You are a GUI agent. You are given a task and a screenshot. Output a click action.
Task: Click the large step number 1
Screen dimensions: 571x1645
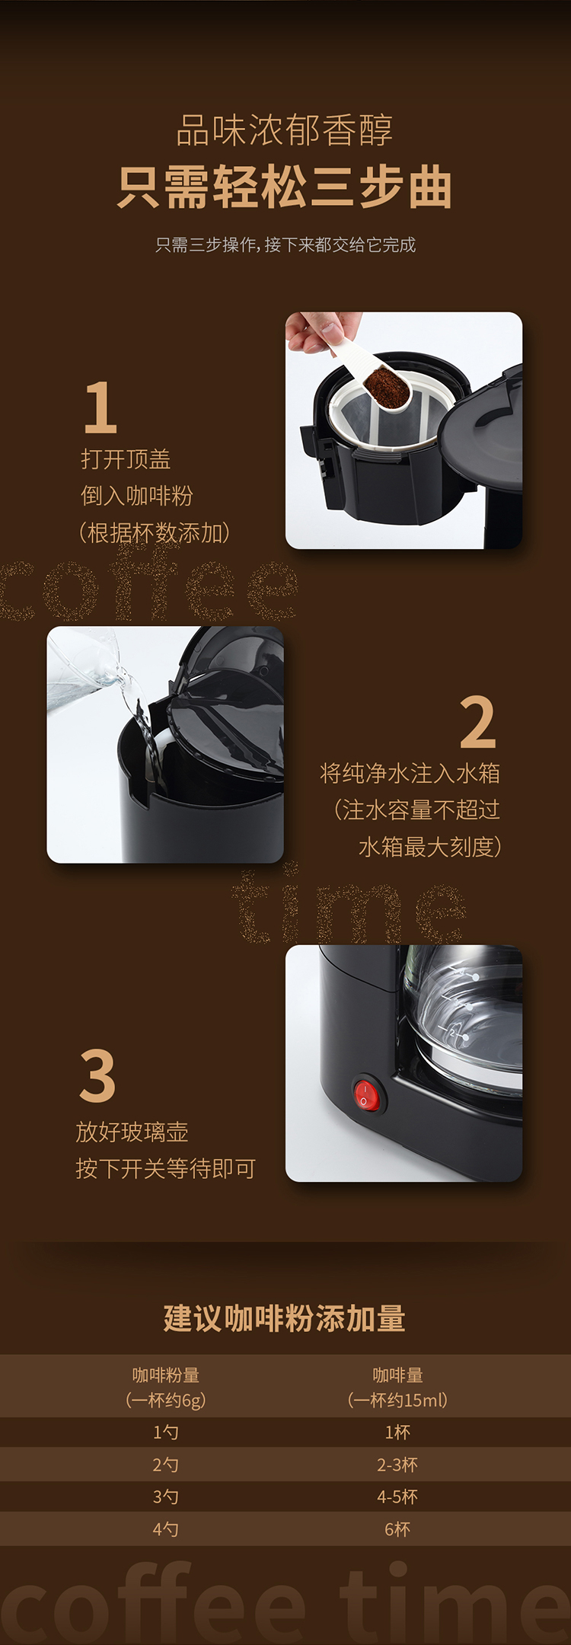click(x=100, y=407)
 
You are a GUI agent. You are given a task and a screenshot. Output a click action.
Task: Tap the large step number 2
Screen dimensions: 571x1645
click(x=478, y=721)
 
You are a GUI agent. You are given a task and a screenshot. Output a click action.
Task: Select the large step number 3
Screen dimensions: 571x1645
click(x=97, y=1075)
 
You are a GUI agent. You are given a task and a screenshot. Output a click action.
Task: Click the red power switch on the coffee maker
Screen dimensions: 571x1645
click(x=366, y=1094)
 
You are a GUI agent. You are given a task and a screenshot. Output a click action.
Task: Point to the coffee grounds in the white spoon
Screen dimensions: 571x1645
click(x=386, y=380)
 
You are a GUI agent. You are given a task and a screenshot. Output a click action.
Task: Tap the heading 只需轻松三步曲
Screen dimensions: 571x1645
click(x=285, y=187)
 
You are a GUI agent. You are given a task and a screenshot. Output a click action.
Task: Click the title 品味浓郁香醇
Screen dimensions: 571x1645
click(x=285, y=130)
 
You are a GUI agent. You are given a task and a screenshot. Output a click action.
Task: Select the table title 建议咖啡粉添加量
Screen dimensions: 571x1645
click(x=285, y=1318)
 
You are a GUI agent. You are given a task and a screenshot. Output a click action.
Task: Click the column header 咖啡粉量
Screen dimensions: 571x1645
click(x=166, y=1375)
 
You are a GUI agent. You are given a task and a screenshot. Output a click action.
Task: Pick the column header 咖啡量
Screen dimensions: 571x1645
click(x=397, y=1375)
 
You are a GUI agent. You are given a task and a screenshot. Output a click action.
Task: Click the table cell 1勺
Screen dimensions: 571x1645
click(x=166, y=1432)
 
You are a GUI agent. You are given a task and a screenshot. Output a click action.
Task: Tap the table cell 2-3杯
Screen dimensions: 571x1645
click(x=397, y=1465)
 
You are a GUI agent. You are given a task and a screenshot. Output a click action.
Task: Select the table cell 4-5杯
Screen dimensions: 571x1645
click(x=397, y=1496)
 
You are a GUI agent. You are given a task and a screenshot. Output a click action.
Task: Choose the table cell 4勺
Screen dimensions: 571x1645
click(x=166, y=1528)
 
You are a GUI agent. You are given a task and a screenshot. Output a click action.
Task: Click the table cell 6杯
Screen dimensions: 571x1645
click(x=397, y=1528)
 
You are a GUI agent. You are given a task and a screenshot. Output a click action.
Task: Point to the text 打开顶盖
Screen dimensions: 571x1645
click(x=126, y=459)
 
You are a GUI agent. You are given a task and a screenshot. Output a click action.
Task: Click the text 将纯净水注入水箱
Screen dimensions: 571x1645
click(x=410, y=773)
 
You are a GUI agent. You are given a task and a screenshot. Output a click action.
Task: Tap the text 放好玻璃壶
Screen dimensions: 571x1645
click(x=132, y=1132)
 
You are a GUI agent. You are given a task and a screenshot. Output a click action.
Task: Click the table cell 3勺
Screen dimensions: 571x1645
click(x=166, y=1496)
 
